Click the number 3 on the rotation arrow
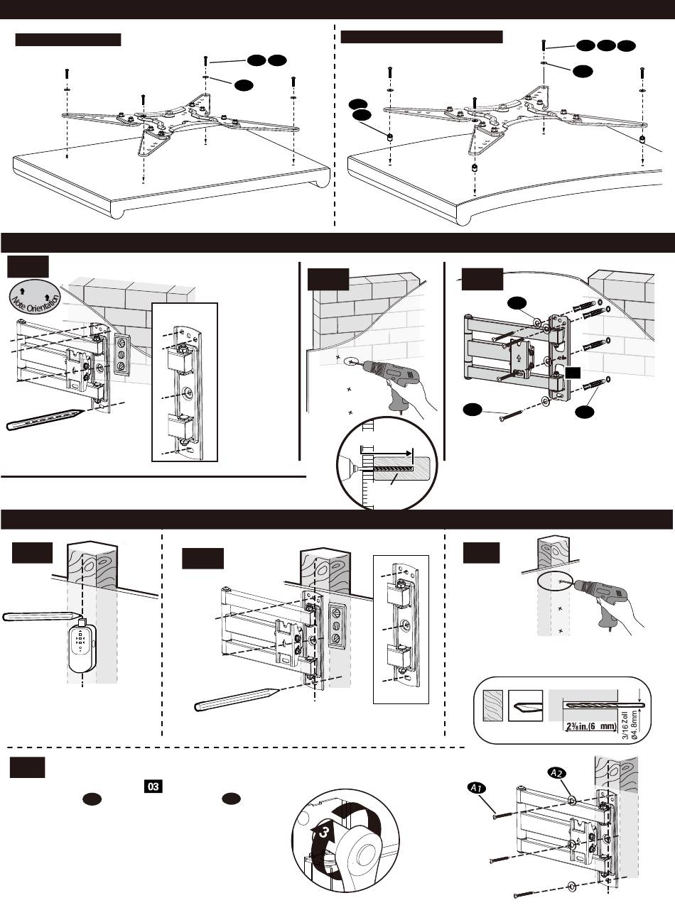[x=323, y=833]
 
